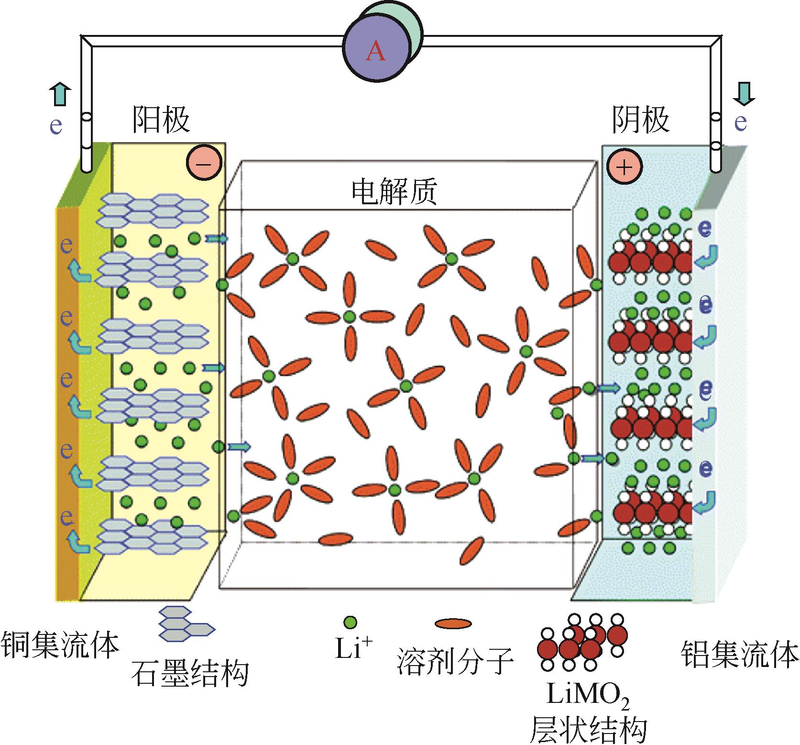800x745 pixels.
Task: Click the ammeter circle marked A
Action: click(376, 51)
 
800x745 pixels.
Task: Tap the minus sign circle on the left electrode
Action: click(204, 163)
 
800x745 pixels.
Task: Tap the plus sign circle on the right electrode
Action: click(624, 166)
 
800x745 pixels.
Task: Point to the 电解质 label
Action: click(395, 192)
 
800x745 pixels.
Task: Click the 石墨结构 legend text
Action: click(190, 673)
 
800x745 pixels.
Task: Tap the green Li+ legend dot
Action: click(350, 622)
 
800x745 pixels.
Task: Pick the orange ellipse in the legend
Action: click(453, 623)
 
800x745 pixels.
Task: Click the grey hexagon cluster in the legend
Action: click(184, 624)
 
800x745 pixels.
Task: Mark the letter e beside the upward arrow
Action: click(56, 125)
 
